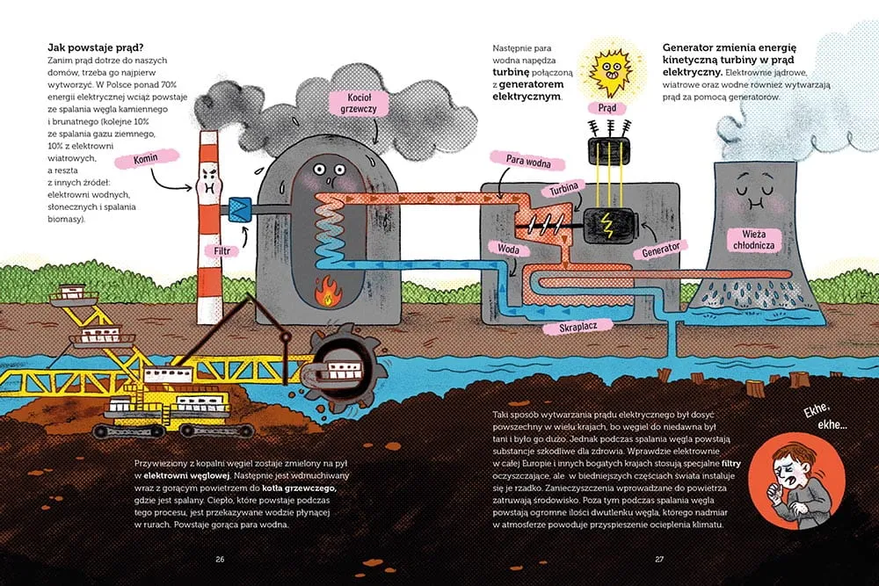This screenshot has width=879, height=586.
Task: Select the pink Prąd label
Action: pyautogui.click(x=607, y=108)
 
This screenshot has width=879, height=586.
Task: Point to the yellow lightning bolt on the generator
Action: pyautogui.click(x=607, y=224)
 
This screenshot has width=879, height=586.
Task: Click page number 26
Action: pyautogui.click(x=220, y=558)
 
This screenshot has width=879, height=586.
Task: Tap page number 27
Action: pyautogui.click(x=658, y=558)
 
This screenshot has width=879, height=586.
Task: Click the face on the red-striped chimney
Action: pyautogui.click(x=208, y=182)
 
